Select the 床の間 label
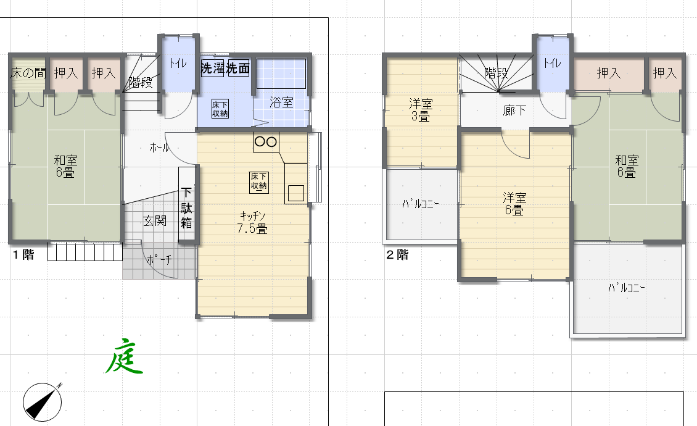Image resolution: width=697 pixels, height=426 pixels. pyautogui.click(x=28, y=73)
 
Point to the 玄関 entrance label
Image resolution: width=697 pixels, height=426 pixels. pyautogui.click(x=155, y=220)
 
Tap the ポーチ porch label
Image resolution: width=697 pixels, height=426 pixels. pyautogui.click(x=159, y=261)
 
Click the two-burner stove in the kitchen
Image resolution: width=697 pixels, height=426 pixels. pyautogui.click(x=266, y=141)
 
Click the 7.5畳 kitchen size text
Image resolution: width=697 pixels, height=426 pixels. pyautogui.click(x=253, y=228)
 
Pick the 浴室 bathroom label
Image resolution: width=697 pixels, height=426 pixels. pyautogui.click(x=282, y=102)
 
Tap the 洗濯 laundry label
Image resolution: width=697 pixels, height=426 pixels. pyautogui.click(x=212, y=69)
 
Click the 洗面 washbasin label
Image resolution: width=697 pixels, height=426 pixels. pyautogui.click(x=238, y=69)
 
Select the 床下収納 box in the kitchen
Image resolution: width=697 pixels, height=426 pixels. pyautogui.click(x=258, y=181)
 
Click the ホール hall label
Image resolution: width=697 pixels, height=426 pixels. pyautogui.click(x=160, y=147)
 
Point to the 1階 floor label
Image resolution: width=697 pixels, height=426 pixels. pyautogui.click(x=23, y=254)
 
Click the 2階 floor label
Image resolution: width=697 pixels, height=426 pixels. pyautogui.click(x=397, y=254)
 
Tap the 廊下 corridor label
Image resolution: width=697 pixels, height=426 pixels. pyautogui.click(x=514, y=111)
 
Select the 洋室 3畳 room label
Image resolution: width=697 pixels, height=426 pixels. pyautogui.click(x=421, y=109)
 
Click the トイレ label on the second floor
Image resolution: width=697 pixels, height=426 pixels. pyautogui.click(x=552, y=62)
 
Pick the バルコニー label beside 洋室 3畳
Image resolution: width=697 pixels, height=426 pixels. pyautogui.click(x=420, y=204)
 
